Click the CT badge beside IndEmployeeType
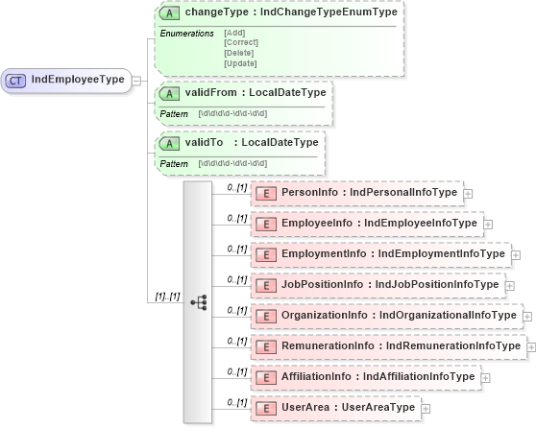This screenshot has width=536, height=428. coord(16,80)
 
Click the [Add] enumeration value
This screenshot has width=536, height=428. coord(234,33)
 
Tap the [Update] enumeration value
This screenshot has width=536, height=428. coord(240,63)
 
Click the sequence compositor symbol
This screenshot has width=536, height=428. coord(199,301)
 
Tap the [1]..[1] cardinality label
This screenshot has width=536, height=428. coord(167,297)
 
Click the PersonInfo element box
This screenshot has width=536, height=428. coord(357,193)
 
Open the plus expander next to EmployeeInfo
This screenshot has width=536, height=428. coord(488,225)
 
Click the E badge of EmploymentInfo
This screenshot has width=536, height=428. coord(266,254)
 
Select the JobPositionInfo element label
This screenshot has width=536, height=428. coord(389,285)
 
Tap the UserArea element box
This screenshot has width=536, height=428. coord(335,408)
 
